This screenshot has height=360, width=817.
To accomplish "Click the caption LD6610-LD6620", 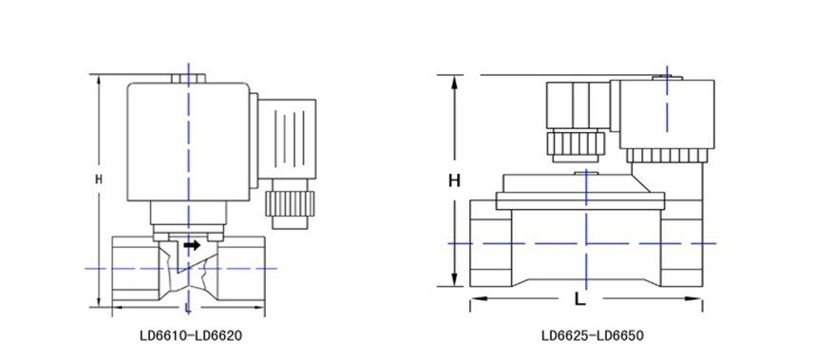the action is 191,336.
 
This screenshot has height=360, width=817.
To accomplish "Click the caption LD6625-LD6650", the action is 593,336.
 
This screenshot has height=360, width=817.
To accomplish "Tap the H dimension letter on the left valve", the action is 99,180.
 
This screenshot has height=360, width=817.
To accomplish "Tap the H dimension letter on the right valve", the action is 455,180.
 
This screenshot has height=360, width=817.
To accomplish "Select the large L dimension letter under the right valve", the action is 579,299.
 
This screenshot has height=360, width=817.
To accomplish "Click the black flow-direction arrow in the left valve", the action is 192,245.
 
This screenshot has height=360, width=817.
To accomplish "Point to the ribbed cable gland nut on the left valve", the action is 289,203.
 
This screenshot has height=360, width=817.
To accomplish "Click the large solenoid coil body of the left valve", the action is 188,142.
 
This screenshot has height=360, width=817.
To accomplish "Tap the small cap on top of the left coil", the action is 189,78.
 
